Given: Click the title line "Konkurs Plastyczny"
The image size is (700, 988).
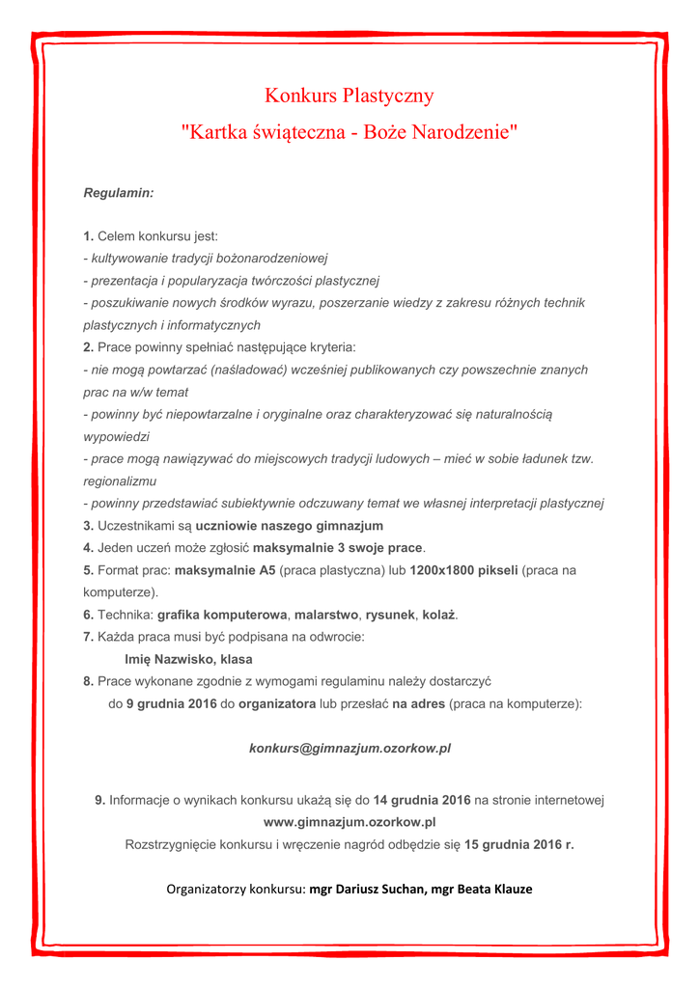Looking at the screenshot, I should click(x=350, y=96).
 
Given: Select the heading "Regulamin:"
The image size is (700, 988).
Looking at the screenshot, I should click(x=119, y=193).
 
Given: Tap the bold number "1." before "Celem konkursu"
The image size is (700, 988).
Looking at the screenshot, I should click(x=88, y=236).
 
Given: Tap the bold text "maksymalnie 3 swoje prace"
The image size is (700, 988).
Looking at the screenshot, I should click(x=338, y=548).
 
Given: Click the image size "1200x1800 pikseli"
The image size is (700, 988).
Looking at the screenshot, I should click(x=463, y=570).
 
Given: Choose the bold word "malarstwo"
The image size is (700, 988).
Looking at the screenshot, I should click(x=326, y=615).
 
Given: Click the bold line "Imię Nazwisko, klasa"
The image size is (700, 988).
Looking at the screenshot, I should click(x=189, y=659).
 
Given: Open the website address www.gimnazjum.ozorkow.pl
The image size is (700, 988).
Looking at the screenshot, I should click(x=350, y=822).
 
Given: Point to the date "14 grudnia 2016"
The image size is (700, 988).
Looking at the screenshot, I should click(x=422, y=800).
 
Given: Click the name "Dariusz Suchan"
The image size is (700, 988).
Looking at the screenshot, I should click(x=379, y=889).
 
